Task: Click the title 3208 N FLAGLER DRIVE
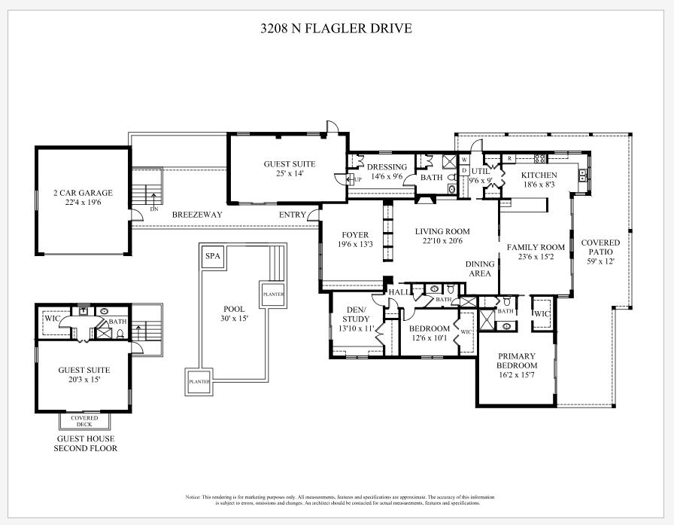[336, 29]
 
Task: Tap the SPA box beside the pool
[213, 257]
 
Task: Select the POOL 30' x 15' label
[235, 313]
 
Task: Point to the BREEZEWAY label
[197, 215]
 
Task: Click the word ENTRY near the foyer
[293, 215]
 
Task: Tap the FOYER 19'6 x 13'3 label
[354, 240]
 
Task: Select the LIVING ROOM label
[442, 237]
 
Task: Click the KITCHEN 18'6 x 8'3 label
[539, 179]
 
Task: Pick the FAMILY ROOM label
[536, 252]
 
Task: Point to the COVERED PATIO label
[600, 252]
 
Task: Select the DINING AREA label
[480, 269]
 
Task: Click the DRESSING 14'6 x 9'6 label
[387, 171]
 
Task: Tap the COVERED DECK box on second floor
[84, 421]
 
